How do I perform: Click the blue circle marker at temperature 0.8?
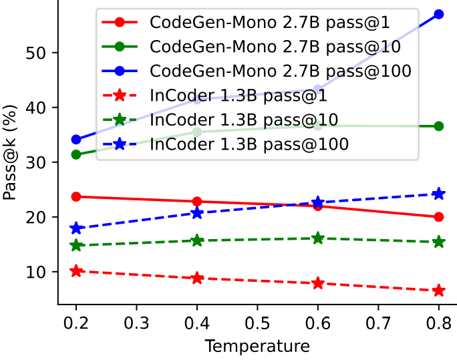click(x=439, y=14)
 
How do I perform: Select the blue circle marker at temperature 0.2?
click(x=76, y=140)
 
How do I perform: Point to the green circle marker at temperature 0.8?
click(x=439, y=126)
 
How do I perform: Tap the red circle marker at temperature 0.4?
click(x=197, y=202)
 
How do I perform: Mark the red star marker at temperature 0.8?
click(x=439, y=291)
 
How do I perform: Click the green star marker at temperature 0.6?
click(x=318, y=238)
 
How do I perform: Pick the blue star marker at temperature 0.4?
click(x=197, y=213)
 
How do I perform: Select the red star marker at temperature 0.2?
click(x=76, y=271)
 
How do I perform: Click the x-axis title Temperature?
click(x=257, y=347)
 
